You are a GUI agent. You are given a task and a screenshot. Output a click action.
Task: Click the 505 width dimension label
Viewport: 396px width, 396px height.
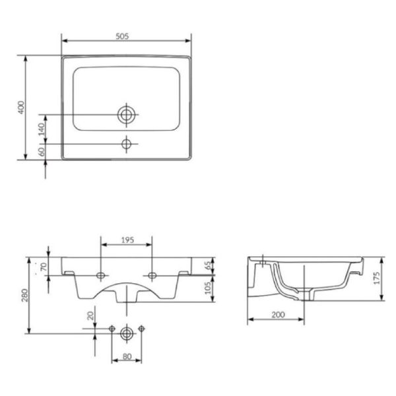pyautogui.click(x=122, y=36)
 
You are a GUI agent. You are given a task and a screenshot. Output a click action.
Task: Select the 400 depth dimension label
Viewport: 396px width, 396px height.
pyautogui.click(x=21, y=108)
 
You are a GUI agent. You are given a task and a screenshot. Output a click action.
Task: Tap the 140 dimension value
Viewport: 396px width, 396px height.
pyautogui.click(x=42, y=129)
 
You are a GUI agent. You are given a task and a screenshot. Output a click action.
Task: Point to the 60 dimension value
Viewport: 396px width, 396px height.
pyautogui.click(x=42, y=152)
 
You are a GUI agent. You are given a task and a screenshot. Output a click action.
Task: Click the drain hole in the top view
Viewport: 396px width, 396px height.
pyautogui.click(x=126, y=115)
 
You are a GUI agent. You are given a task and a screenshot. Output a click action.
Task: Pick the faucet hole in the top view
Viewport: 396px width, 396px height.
pyautogui.click(x=126, y=144)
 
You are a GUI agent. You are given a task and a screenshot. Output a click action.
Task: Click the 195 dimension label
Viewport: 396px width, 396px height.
pyautogui.click(x=127, y=240)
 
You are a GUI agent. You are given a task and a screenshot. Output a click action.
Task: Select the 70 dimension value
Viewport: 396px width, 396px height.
pyautogui.click(x=44, y=267)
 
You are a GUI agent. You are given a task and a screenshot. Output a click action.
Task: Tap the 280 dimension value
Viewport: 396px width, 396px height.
pyautogui.click(x=25, y=295)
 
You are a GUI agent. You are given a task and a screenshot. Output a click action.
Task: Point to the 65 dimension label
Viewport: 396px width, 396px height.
pyautogui.click(x=208, y=265)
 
